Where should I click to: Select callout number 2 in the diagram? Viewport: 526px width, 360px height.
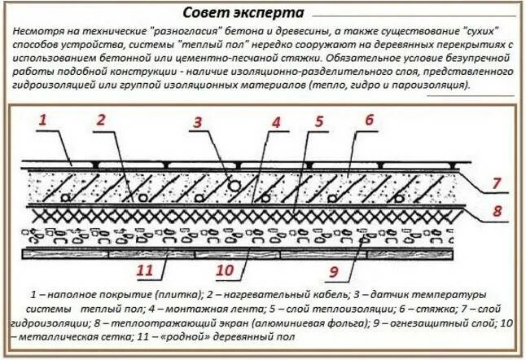coord(101,122)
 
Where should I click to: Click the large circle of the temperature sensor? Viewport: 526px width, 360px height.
coord(234,187)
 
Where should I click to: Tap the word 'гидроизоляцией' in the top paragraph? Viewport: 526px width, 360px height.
coord(51,85)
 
